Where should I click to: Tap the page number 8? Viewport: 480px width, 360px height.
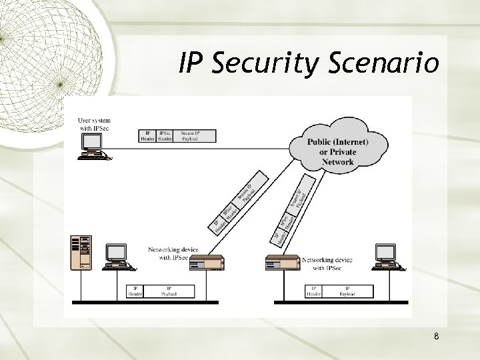[435, 337]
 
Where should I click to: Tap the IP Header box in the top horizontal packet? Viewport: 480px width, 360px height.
[147, 136]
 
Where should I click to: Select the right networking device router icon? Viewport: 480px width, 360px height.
[283, 263]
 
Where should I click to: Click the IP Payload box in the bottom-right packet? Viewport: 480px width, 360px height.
[346, 291]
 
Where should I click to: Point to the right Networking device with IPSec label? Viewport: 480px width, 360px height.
[327, 263]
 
